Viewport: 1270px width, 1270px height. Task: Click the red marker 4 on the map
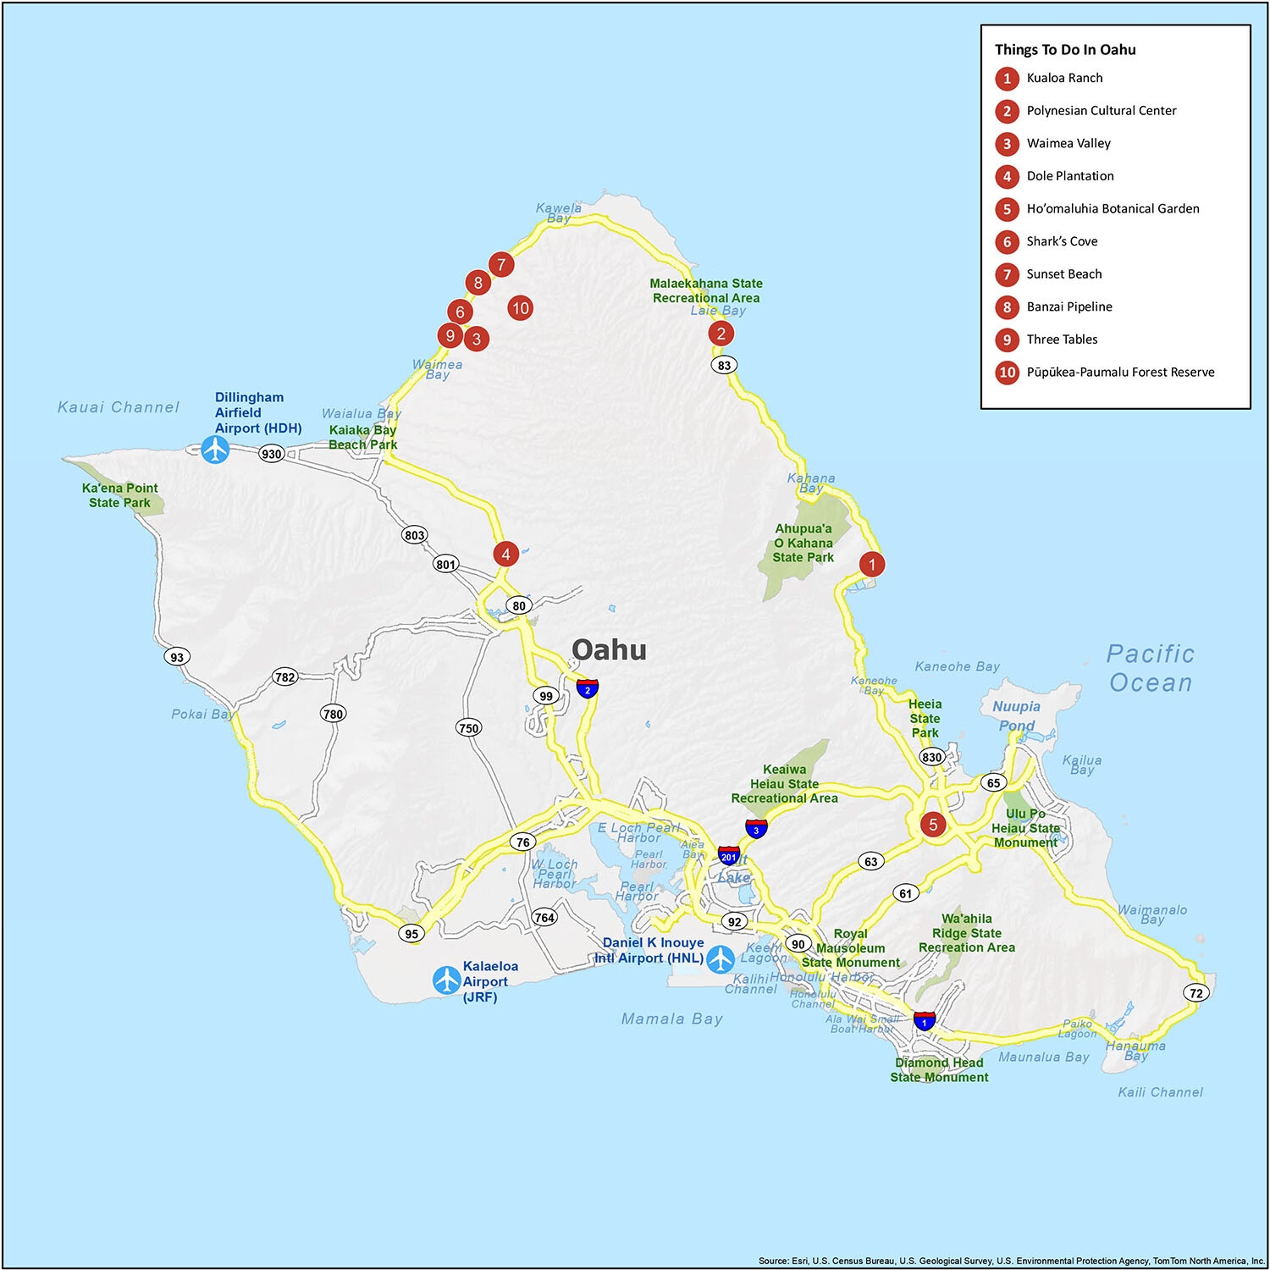coord(505,555)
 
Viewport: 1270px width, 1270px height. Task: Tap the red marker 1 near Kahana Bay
coord(872,564)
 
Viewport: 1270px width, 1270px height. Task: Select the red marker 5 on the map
coord(933,824)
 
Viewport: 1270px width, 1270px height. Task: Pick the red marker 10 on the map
coord(520,308)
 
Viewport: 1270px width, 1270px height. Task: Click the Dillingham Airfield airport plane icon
coord(216,449)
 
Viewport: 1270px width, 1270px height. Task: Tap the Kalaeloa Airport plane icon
coord(446,980)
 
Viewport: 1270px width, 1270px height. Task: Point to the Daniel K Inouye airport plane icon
coord(721,958)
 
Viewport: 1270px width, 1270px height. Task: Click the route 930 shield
coord(271,454)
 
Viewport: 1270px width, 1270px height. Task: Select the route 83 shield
coord(724,365)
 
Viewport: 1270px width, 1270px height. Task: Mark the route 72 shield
coord(1195,993)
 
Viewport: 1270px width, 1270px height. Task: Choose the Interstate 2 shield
coord(588,688)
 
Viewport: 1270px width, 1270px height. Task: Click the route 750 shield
coord(468,727)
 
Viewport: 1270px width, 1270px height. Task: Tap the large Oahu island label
coord(609,649)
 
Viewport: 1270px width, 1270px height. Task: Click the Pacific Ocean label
coord(1151,668)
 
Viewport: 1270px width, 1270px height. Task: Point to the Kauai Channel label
coord(119,407)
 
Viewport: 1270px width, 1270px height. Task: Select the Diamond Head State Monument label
coord(939,1069)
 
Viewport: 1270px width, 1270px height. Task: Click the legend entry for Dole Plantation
coord(1069,176)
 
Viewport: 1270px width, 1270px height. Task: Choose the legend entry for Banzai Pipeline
coord(1068,306)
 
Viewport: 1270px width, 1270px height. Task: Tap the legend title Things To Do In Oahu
coord(1065,50)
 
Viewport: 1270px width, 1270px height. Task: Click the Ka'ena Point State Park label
coord(119,495)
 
